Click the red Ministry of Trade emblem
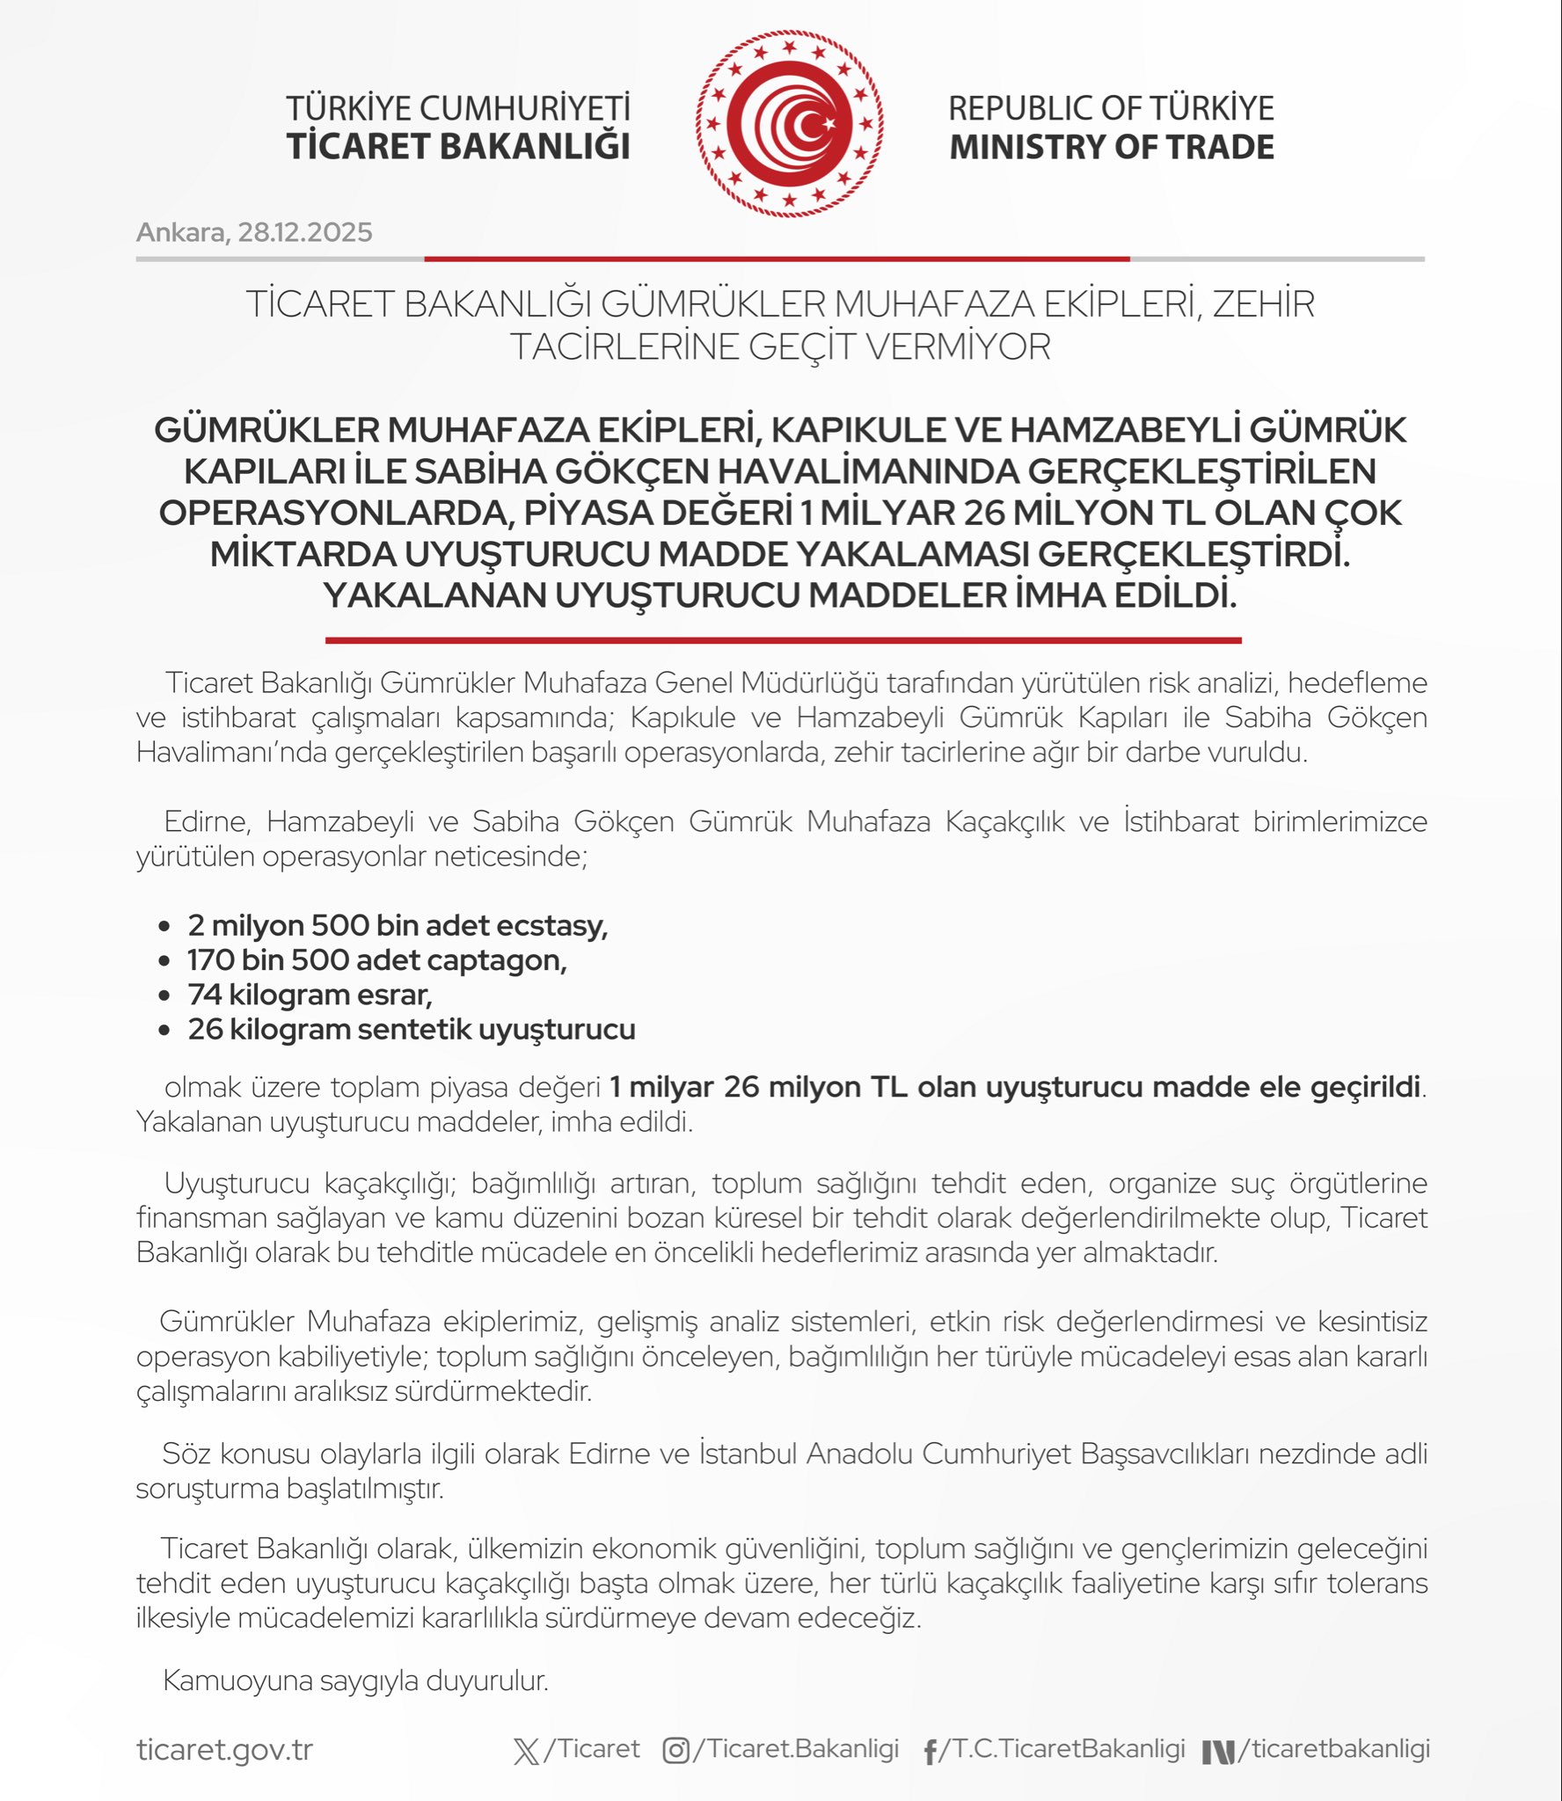(x=789, y=124)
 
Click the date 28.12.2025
(x=305, y=232)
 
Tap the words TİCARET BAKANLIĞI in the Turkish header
(x=458, y=147)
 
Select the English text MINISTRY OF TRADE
(x=1112, y=147)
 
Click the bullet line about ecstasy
(x=398, y=925)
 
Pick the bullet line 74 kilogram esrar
(x=310, y=995)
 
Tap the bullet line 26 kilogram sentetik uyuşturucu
(x=411, y=1029)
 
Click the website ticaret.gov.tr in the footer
(x=224, y=1750)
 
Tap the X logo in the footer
(x=526, y=1751)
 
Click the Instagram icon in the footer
(x=675, y=1751)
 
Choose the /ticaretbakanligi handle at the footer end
(x=1333, y=1749)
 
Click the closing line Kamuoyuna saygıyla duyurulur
(x=355, y=1681)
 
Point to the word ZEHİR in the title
(x=1264, y=304)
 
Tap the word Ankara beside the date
(x=181, y=232)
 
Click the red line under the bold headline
(x=783, y=640)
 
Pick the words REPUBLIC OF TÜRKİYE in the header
(x=1111, y=108)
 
